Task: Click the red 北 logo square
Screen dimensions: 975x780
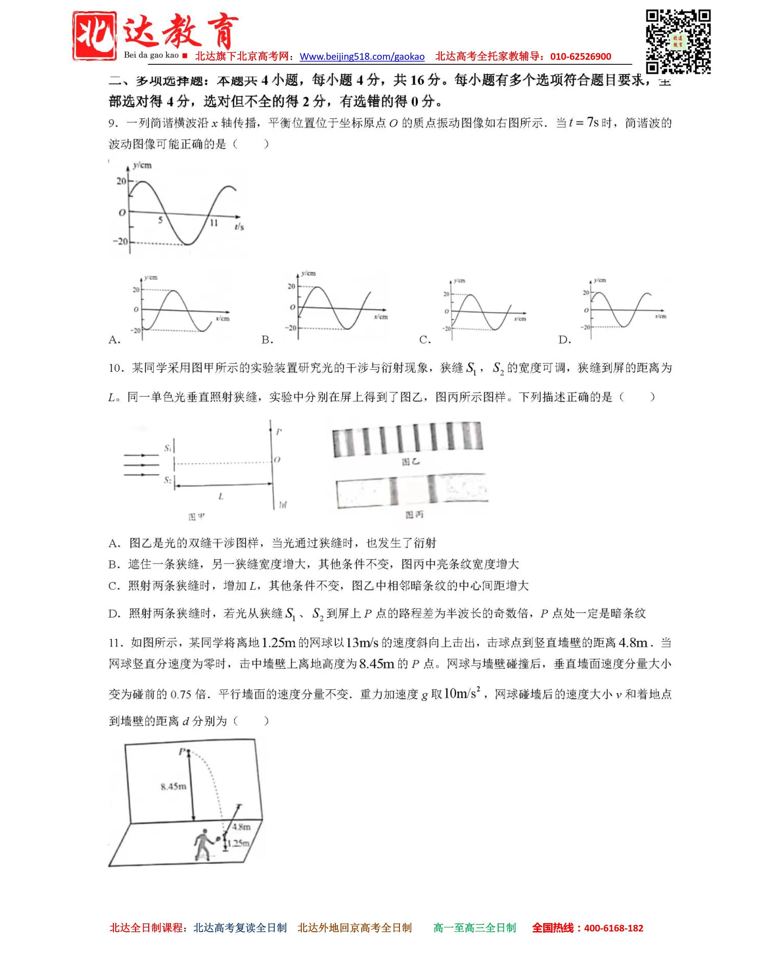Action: (94, 36)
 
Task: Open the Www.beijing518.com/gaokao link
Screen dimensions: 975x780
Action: (362, 56)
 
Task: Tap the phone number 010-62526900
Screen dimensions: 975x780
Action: (581, 56)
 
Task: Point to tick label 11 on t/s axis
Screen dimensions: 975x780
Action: (213, 223)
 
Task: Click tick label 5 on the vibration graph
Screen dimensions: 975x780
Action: (160, 220)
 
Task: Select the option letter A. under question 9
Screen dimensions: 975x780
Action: (114, 340)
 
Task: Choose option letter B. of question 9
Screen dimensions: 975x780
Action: (267, 340)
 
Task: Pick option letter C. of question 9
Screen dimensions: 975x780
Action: (425, 340)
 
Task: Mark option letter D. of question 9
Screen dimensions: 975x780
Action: (564, 340)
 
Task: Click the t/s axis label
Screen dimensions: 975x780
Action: (239, 226)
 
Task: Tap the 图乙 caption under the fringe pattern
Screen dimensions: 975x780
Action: (410, 462)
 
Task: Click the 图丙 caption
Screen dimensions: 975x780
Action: (414, 515)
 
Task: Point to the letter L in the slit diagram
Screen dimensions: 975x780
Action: (221, 497)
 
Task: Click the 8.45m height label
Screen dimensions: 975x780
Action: (173, 786)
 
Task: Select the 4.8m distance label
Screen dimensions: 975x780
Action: (241, 827)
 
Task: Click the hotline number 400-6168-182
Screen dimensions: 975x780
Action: (613, 928)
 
